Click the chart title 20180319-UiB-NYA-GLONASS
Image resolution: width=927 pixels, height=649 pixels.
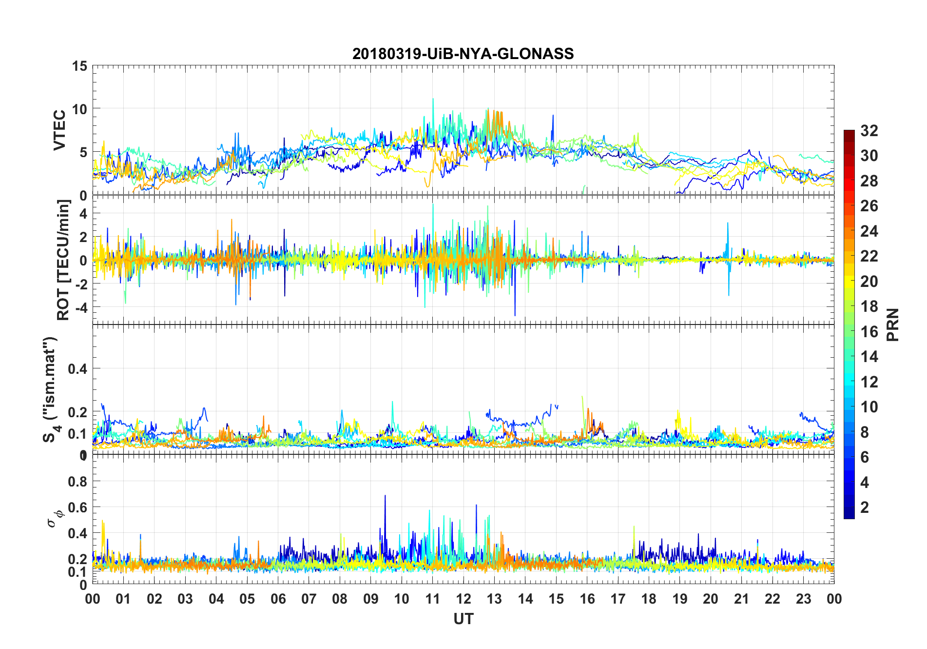(463, 54)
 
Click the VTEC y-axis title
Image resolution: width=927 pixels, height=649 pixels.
(59, 130)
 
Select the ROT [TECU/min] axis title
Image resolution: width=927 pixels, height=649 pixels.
(63, 260)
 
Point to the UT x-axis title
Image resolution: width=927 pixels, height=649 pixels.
(463, 619)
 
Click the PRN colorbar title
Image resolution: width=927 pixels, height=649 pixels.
(893, 324)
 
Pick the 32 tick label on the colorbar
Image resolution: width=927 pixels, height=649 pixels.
(869, 131)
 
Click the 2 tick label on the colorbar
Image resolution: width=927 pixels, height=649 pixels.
(865, 507)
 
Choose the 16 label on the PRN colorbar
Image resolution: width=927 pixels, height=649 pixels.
(869, 332)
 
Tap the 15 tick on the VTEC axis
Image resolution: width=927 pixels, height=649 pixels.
(80, 66)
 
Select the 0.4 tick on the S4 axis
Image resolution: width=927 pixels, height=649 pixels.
(78, 369)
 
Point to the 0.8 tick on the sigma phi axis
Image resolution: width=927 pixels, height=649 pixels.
(78, 482)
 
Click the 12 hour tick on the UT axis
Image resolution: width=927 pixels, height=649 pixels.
(463, 599)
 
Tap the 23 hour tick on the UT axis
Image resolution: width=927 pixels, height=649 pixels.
(803, 599)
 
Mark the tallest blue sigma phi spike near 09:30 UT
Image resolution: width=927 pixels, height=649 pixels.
(385, 496)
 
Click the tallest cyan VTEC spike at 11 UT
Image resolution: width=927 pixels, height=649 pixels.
(433, 99)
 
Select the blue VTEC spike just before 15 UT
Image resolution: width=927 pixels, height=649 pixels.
(553, 116)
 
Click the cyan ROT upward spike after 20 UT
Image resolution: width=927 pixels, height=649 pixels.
(728, 224)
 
